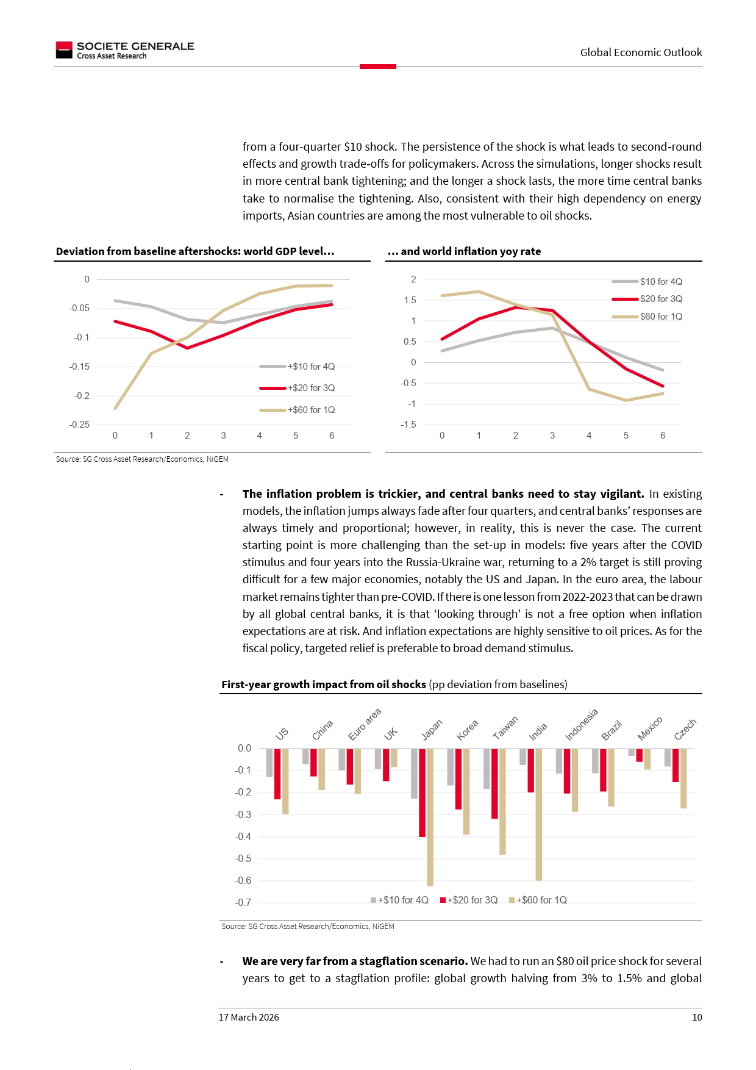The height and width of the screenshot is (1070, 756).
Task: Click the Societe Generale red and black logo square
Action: pos(64,50)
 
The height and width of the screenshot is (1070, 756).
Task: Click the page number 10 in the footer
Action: pos(697,1017)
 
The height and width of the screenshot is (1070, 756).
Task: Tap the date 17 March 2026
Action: pos(249,1017)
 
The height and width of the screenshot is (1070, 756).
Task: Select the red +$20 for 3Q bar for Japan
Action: pos(422,792)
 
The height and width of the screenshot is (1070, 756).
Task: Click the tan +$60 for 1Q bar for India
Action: pos(539,814)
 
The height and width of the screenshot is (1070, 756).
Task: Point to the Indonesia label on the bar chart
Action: pos(581,725)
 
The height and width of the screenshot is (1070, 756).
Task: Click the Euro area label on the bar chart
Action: pos(364,724)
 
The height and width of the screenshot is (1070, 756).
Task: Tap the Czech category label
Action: pos(685,729)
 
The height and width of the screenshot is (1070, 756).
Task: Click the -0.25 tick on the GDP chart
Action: pos(79,425)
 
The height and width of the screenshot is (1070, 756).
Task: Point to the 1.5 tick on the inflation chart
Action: pos(410,300)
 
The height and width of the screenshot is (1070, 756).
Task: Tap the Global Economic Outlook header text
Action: pos(641,52)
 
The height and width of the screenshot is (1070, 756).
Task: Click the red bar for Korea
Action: pos(458,779)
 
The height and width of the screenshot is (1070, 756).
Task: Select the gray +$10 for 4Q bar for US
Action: pos(269,763)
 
